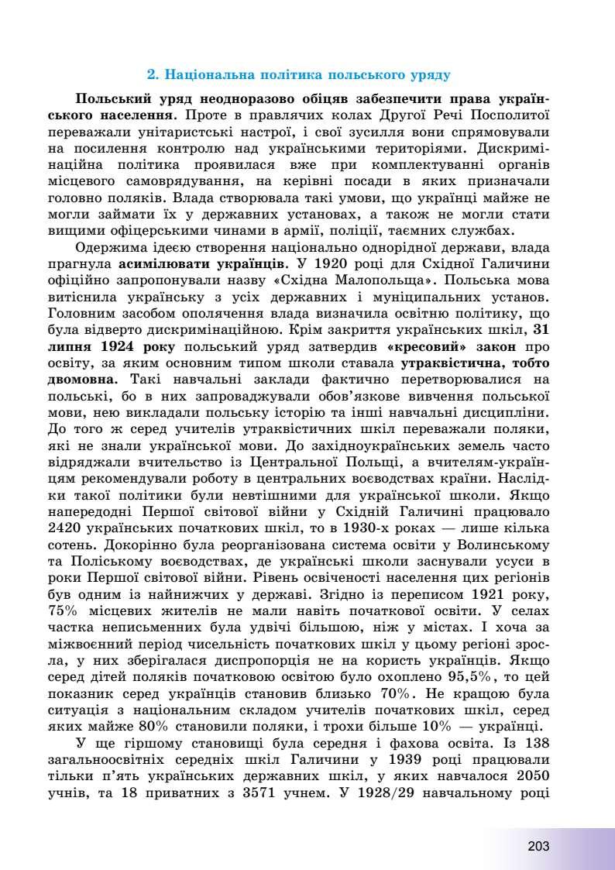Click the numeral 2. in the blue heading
(x=153, y=76)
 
